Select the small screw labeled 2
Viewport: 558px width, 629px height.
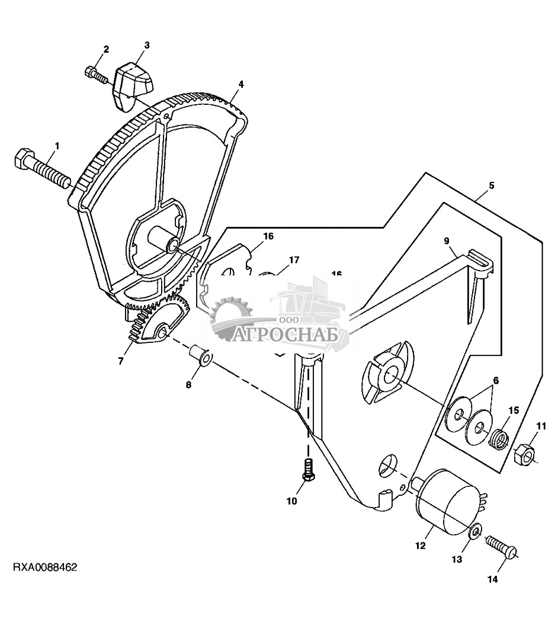(x=96, y=75)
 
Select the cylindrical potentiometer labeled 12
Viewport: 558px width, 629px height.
(x=449, y=498)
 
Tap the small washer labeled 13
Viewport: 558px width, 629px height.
(x=475, y=531)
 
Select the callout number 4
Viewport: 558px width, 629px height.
(x=241, y=84)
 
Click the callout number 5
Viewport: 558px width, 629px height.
(x=491, y=185)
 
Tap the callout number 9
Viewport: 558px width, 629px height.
(x=447, y=240)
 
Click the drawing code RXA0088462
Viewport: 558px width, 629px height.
(x=45, y=567)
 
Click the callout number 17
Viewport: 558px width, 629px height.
(x=294, y=259)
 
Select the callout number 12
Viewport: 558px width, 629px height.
(x=420, y=546)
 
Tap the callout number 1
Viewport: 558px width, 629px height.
(x=57, y=145)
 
